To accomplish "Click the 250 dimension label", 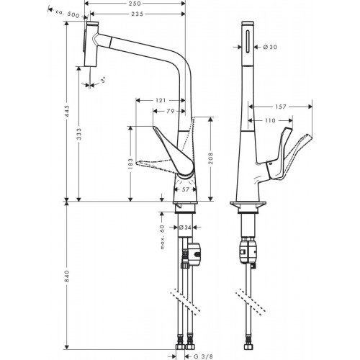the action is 135,4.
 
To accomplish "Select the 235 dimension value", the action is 138,14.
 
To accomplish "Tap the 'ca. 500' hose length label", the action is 68,14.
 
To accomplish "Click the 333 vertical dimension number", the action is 79,134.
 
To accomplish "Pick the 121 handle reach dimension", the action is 161,100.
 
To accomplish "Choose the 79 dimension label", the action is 170,111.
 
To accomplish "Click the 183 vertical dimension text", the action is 130,163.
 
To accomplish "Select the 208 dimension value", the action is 210,158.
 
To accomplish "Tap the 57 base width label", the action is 186,189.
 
